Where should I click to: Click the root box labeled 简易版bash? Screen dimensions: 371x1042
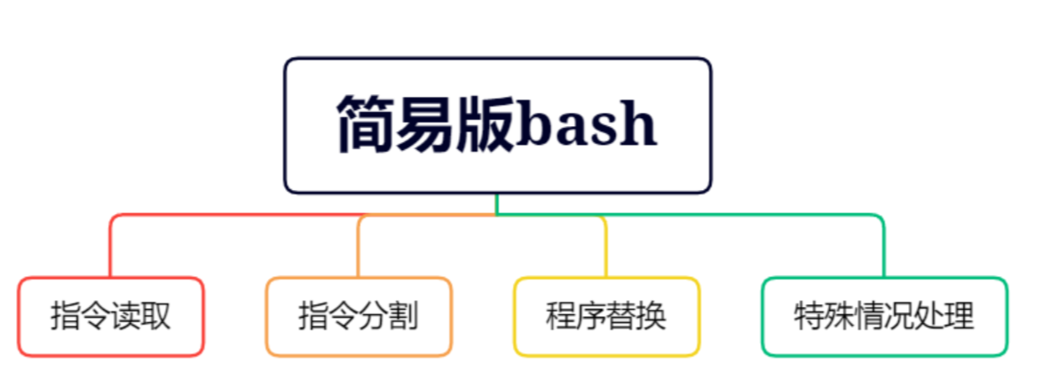(497, 124)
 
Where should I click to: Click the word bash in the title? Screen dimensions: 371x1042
(587, 125)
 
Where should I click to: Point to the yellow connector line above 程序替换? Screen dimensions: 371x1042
(605, 249)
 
